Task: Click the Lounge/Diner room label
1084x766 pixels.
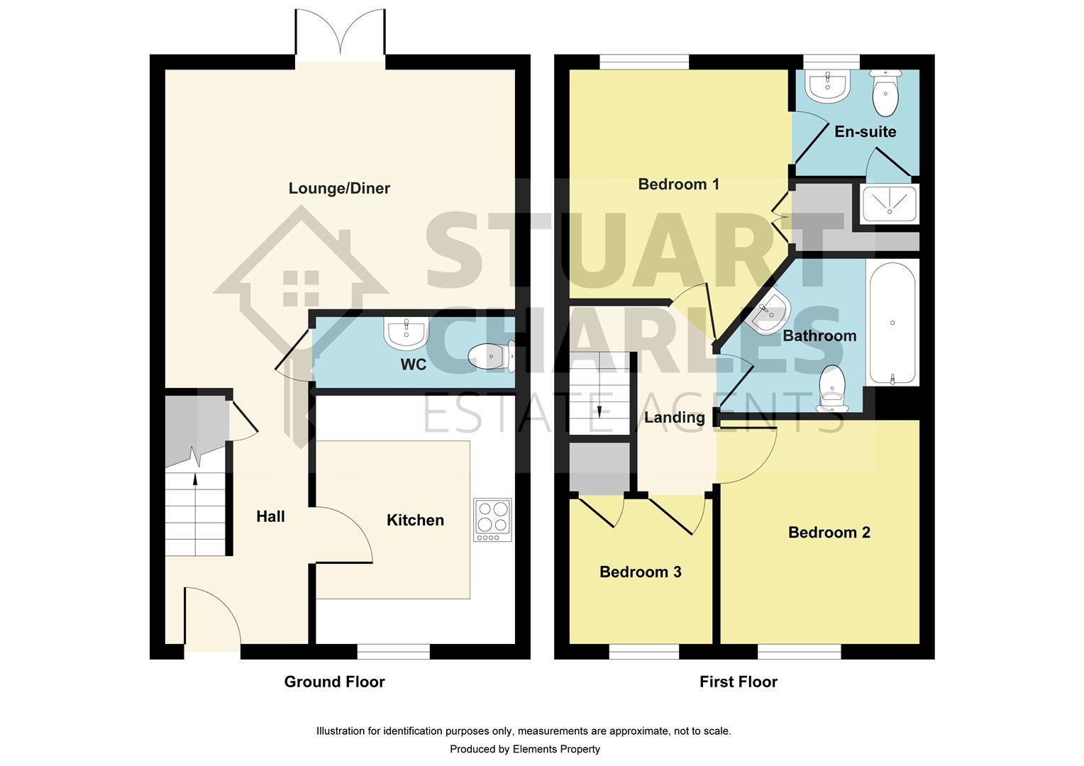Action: [x=339, y=188]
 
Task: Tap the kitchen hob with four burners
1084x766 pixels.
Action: [x=492, y=520]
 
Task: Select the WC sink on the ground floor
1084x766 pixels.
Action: [x=406, y=333]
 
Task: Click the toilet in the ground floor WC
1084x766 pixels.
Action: [x=491, y=357]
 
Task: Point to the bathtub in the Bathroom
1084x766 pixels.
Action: [x=892, y=323]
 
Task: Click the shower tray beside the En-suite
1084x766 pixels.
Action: [x=890, y=204]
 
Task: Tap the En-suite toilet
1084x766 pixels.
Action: [x=885, y=93]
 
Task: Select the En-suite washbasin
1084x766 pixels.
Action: [x=827, y=86]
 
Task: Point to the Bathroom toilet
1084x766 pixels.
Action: [x=832, y=388]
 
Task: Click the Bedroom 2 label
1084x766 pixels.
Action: [x=829, y=532]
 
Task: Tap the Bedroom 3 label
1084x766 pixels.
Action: [x=640, y=572]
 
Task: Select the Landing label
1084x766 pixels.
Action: [x=674, y=418]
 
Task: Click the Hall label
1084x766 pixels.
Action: [x=270, y=516]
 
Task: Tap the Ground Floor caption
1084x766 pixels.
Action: [x=334, y=682]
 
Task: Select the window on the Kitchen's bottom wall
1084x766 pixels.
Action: [x=394, y=651]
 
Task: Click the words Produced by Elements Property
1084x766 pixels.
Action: [x=524, y=749]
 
